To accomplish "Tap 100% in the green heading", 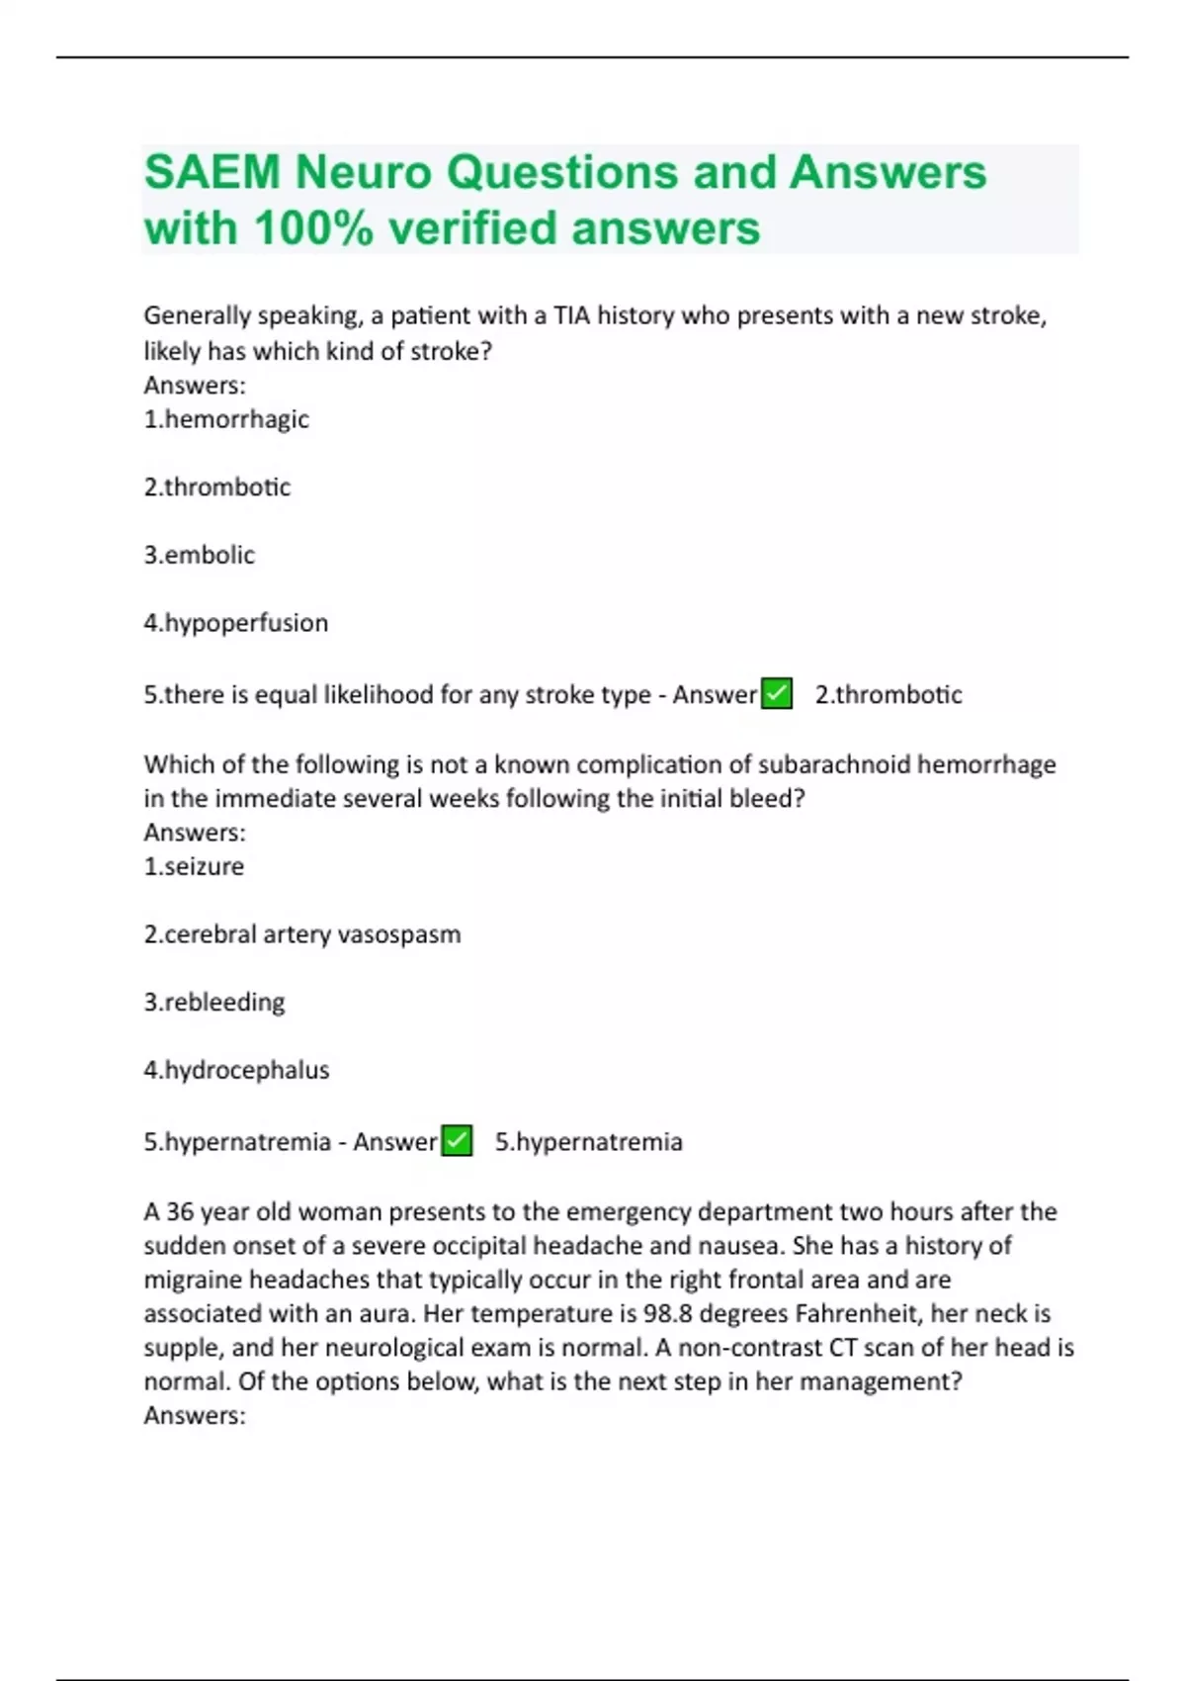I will click(x=313, y=228).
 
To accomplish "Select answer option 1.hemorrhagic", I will click(x=226, y=419).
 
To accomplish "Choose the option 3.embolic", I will click(x=199, y=555).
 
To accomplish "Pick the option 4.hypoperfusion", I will click(x=235, y=623).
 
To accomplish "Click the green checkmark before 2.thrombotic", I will click(x=777, y=694).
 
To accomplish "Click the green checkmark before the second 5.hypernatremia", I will click(x=457, y=1141).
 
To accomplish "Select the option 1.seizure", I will click(x=194, y=866).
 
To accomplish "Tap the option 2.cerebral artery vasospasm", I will click(x=301, y=934).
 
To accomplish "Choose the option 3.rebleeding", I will click(x=213, y=1003).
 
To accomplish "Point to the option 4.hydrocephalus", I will click(x=236, y=1070).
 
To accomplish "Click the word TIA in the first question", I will click(x=571, y=315).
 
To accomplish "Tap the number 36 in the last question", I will click(x=179, y=1211).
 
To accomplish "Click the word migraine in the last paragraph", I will click(x=193, y=1280).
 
